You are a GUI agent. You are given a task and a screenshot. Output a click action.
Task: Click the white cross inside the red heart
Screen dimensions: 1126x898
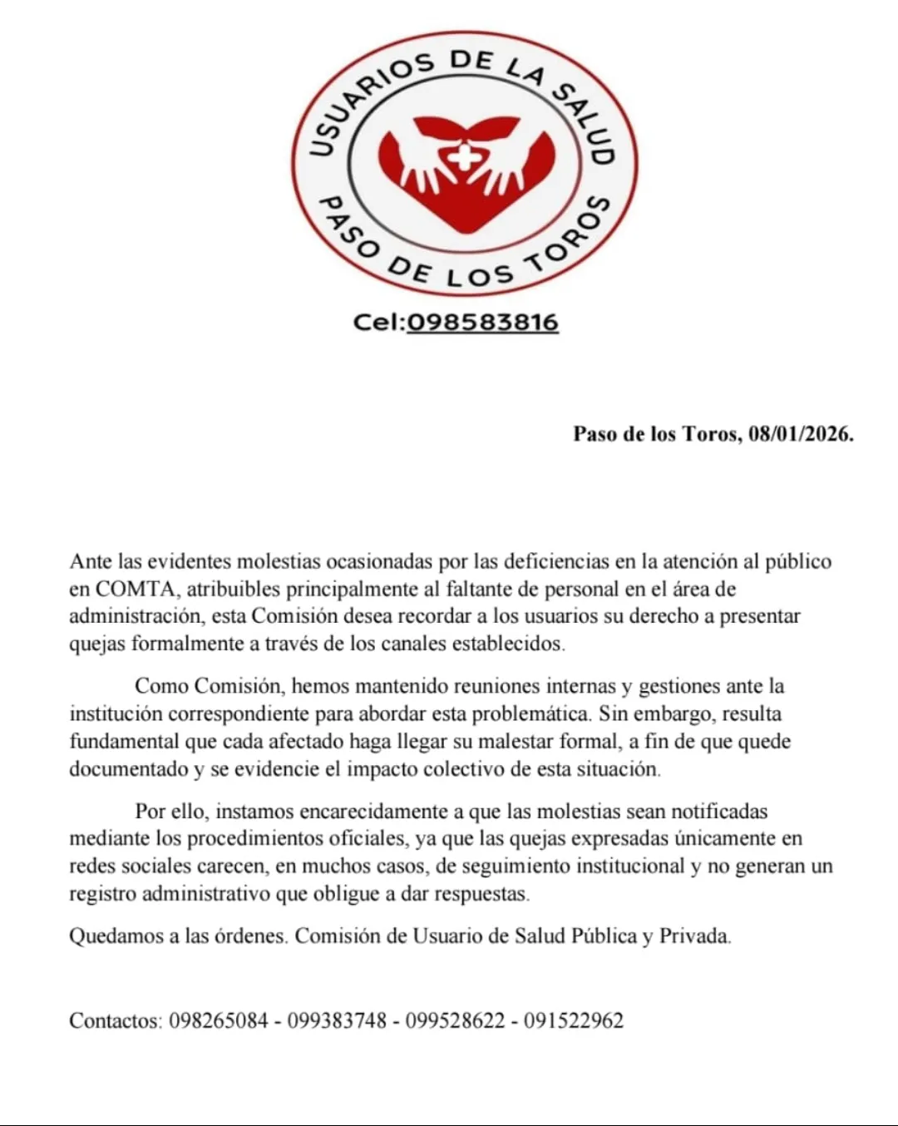tap(461, 157)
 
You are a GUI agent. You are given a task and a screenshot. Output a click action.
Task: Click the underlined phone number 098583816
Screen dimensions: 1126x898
tap(482, 322)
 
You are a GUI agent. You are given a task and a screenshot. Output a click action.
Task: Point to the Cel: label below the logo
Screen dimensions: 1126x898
tap(378, 322)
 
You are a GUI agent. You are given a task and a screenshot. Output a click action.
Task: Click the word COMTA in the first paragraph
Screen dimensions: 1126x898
tap(136, 589)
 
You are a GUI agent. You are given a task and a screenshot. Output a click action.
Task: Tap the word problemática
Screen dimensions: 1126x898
tap(530, 714)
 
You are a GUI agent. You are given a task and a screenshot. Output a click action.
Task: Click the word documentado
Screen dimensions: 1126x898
tap(129, 768)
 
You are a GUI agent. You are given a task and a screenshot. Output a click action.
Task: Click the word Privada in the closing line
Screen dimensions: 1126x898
tap(694, 936)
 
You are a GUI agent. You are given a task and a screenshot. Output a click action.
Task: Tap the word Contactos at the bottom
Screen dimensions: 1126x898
tap(115, 1020)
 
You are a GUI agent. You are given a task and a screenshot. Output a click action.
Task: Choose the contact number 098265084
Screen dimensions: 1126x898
tap(219, 1020)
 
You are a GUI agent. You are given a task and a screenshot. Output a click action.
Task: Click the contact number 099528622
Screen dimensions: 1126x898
tap(455, 1020)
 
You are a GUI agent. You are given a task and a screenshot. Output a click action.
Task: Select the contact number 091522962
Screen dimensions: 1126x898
tap(574, 1020)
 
